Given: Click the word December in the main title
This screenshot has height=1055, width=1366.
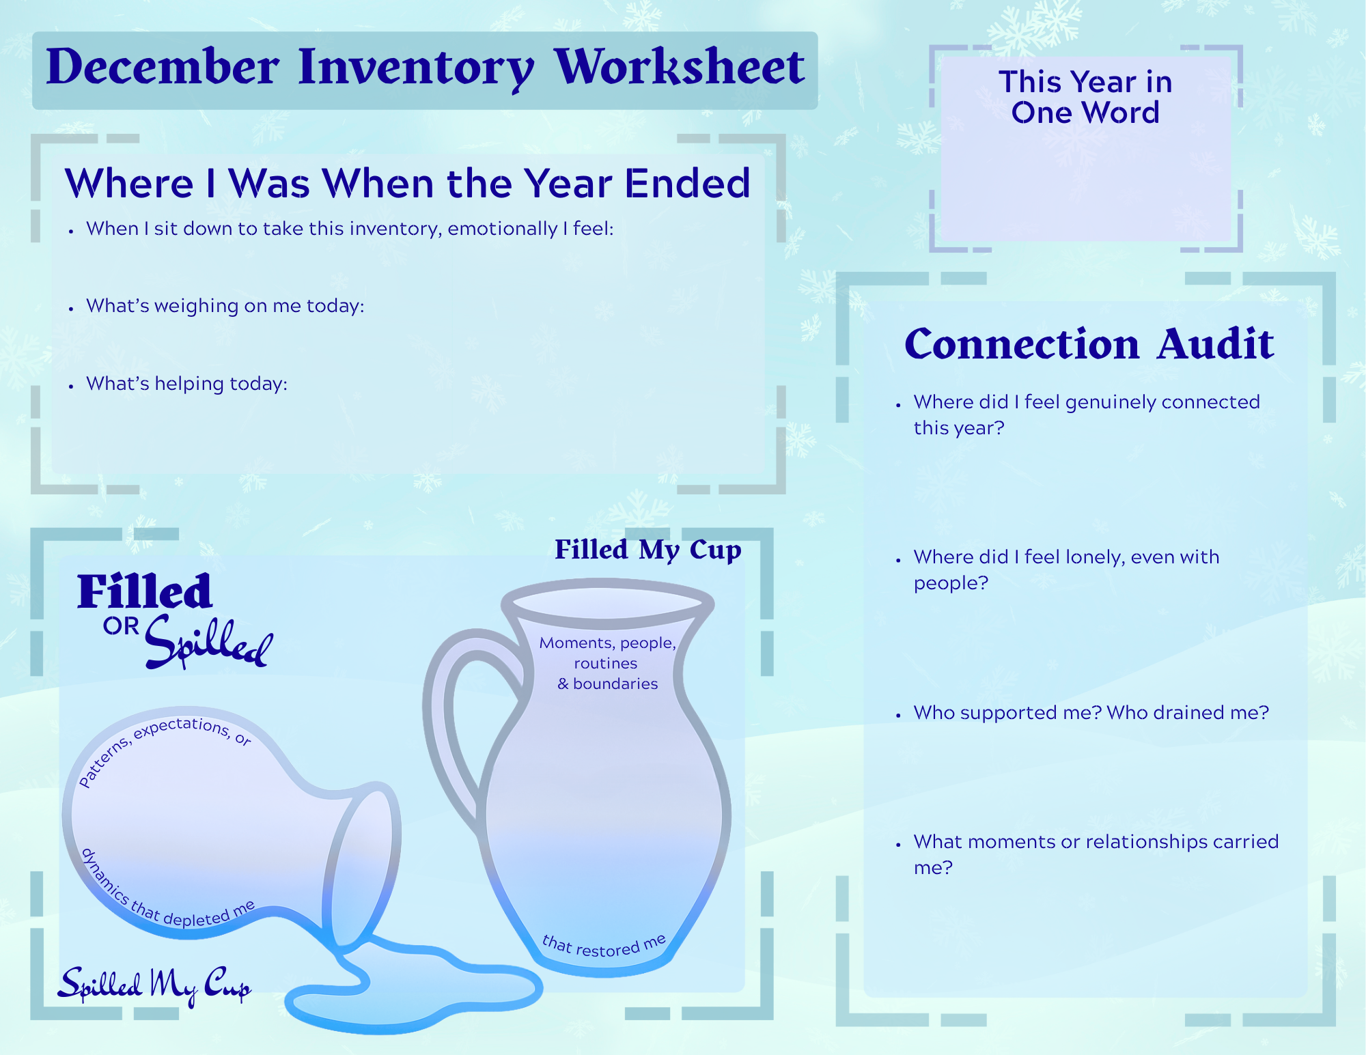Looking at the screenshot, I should tap(163, 68).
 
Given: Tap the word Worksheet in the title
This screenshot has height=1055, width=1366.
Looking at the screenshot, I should tap(679, 68).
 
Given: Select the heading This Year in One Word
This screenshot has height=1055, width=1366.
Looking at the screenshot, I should tap(1085, 97).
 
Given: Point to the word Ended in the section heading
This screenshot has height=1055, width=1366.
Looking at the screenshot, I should tap(687, 184).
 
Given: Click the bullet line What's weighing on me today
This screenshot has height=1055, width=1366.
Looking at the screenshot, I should tap(225, 306).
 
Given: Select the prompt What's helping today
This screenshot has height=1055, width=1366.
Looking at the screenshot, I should tap(186, 384).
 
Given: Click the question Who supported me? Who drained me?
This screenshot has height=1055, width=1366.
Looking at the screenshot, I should tap(1091, 713).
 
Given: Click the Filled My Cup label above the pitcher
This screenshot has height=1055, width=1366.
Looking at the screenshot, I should tap(647, 550).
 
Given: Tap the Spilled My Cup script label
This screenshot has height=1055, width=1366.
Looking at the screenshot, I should tap(154, 985).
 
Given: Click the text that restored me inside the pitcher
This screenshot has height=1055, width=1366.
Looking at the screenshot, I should tap(604, 946).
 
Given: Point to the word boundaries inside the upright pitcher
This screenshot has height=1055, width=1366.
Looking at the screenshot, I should tap(615, 684).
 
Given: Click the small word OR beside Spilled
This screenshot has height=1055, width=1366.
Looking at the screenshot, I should tap(121, 626).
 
